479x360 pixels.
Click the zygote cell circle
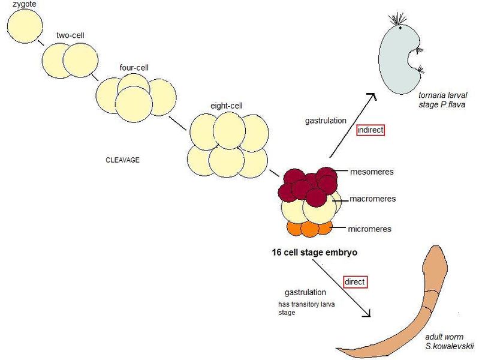[25, 26]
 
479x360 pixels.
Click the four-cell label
[131, 67]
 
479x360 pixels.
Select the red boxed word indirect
[370, 130]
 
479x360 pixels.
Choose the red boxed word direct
[354, 281]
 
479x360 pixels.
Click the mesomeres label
[372, 172]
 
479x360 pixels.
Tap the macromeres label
[372, 199]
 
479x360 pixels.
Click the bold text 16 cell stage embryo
[315, 253]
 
